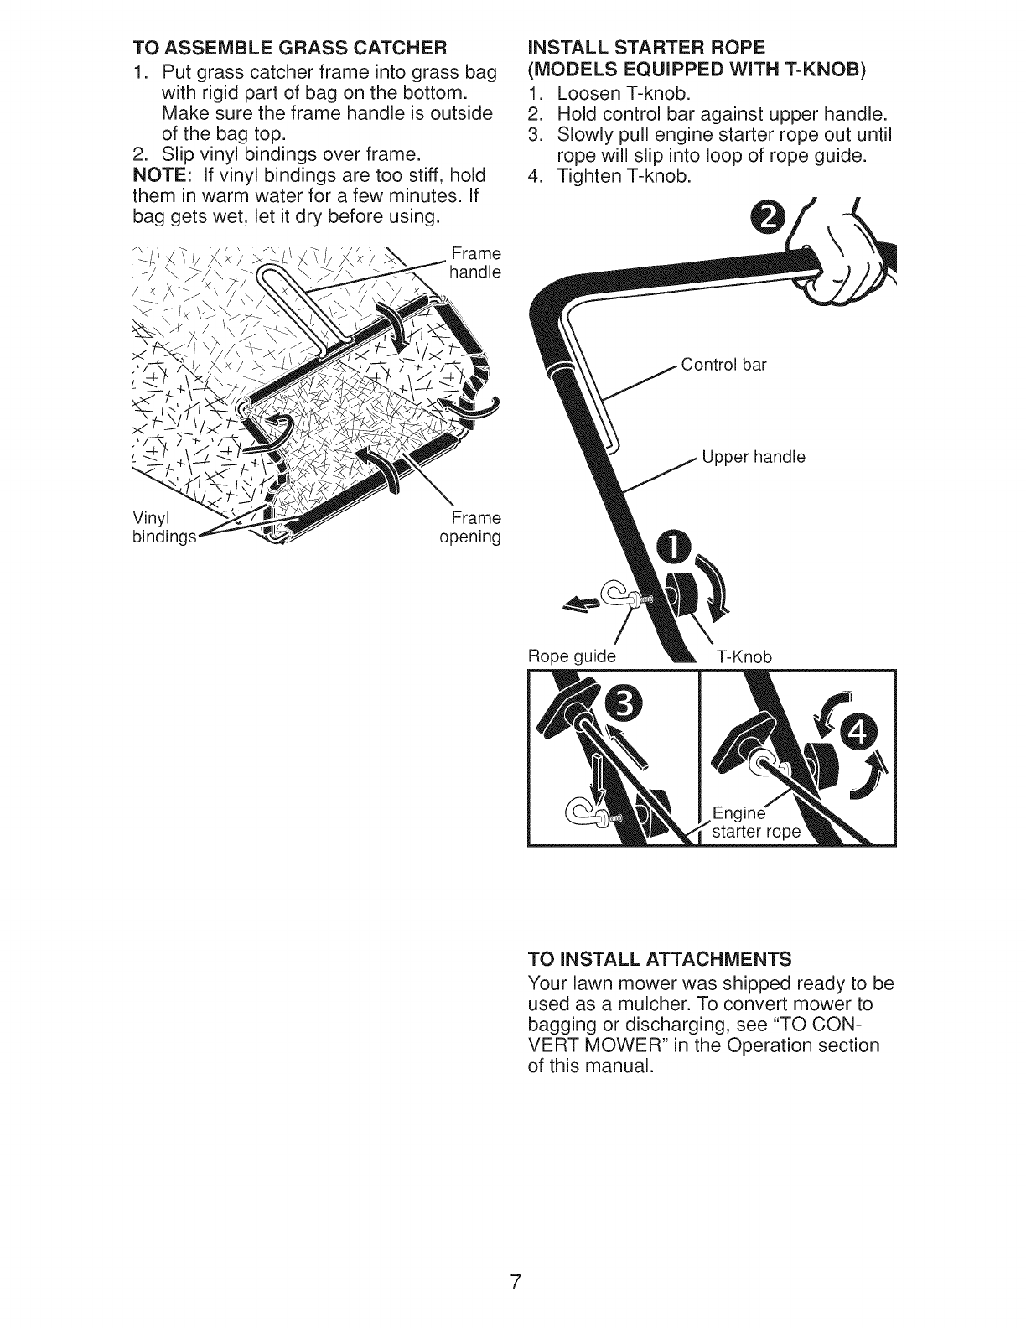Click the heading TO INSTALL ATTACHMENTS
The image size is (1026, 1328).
tap(660, 958)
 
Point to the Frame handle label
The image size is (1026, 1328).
tap(475, 262)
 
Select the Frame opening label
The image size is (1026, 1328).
tap(470, 527)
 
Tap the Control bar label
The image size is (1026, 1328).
tap(724, 365)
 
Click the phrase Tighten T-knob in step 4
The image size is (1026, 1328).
tap(624, 177)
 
